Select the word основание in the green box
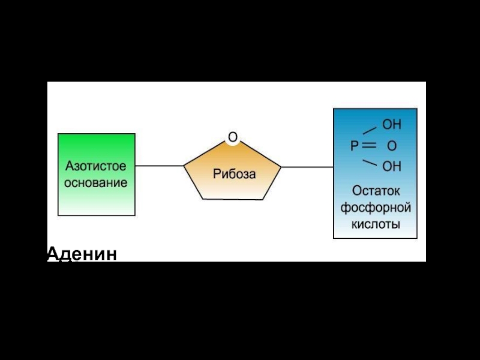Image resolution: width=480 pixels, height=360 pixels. pyautogui.click(x=96, y=182)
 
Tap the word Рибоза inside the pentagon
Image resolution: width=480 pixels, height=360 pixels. pyautogui.click(x=234, y=174)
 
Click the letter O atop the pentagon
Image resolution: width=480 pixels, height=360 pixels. pyautogui.click(x=233, y=138)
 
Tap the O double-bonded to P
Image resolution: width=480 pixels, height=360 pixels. pyautogui.click(x=391, y=146)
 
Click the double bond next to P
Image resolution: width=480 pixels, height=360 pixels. pyautogui.click(x=369, y=146)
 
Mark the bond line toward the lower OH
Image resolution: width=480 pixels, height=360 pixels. pyautogui.click(x=370, y=162)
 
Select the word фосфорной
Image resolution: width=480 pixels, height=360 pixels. pyautogui.click(x=376, y=208)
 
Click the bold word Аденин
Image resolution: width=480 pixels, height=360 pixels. pyautogui.click(x=82, y=254)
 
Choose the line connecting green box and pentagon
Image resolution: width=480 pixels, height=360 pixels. pyautogui.click(x=159, y=166)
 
